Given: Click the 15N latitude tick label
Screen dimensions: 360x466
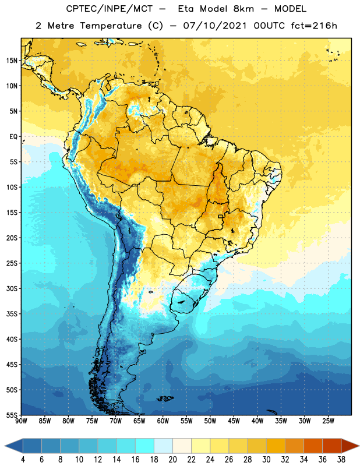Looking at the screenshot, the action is click(x=12, y=61).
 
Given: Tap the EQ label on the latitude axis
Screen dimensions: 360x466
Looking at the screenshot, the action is click(x=13, y=137).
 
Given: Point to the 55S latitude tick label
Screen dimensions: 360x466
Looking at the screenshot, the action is click(x=12, y=415).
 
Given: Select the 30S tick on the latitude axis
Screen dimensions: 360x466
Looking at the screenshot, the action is click(x=12, y=288).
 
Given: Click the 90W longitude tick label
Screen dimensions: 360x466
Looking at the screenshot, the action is click(x=21, y=421).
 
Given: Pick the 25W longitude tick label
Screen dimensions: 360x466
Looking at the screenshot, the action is click(x=328, y=421).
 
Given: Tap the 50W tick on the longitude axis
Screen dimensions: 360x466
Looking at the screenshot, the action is click(x=210, y=421).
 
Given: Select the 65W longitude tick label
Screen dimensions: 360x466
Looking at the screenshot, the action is click(x=139, y=421).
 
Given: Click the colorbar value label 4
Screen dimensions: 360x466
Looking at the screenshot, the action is click(x=23, y=460).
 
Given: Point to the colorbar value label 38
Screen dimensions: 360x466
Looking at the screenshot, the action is click(x=341, y=460).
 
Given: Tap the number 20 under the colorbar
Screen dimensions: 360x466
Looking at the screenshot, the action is click(x=172, y=460).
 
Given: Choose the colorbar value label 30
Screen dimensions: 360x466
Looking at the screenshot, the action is click(x=266, y=460).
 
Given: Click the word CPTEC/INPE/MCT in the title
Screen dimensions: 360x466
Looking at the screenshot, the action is click(x=110, y=9).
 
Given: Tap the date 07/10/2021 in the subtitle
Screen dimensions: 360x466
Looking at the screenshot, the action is click(x=215, y=26).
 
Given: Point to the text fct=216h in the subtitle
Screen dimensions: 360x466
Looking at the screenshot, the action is click(x=314, y=26).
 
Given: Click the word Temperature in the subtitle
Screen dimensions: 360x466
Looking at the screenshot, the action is click(x=111, y=26).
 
